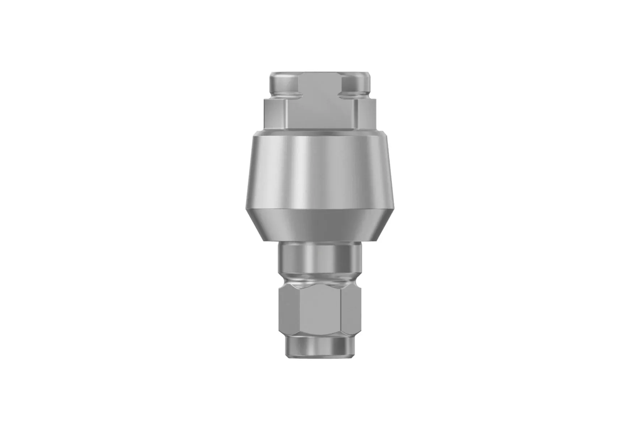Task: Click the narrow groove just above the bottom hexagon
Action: (320, 279)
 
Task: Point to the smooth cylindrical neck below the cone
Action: (320, 258)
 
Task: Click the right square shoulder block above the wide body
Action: (366, 114)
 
